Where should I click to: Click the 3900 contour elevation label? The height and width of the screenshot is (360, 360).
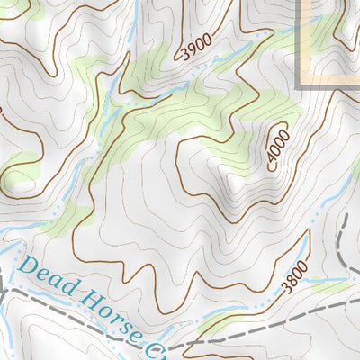pos(196,46)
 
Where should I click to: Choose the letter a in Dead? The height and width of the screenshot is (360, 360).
pos(57,283)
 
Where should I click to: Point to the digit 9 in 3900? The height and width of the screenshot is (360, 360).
pos(191,49)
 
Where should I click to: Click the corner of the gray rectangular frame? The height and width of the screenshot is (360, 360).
pos(300,86)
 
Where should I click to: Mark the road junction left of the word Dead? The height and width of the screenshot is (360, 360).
pos(7,290)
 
